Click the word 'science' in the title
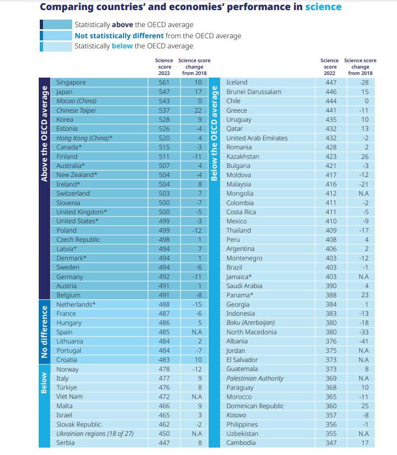(x=323, y=7)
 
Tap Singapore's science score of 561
(x=164, y=82)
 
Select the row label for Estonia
(x=67, y=129)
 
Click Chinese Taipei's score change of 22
(x=198, y=110)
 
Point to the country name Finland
(x=67, y=156)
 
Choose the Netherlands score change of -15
(x=197, y=305)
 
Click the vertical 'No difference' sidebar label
(x=45, y=332)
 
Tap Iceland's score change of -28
(x=364, y=82)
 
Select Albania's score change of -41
(x=364, y=341)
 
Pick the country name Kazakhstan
(x=243, y=156)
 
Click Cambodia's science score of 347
(x=331, y=443)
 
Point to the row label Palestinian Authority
(x=255, y=378)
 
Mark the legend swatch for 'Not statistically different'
(x=56, y=36)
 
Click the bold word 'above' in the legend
(x=122, y=24)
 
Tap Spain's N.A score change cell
(x=197, y=332)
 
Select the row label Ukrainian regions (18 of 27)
(x=95, y=434)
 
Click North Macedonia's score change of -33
(x=364, y=332)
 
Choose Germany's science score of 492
(x=164, y=276)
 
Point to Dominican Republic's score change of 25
(x=365, y=406)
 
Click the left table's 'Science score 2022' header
(x=164, y=67)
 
